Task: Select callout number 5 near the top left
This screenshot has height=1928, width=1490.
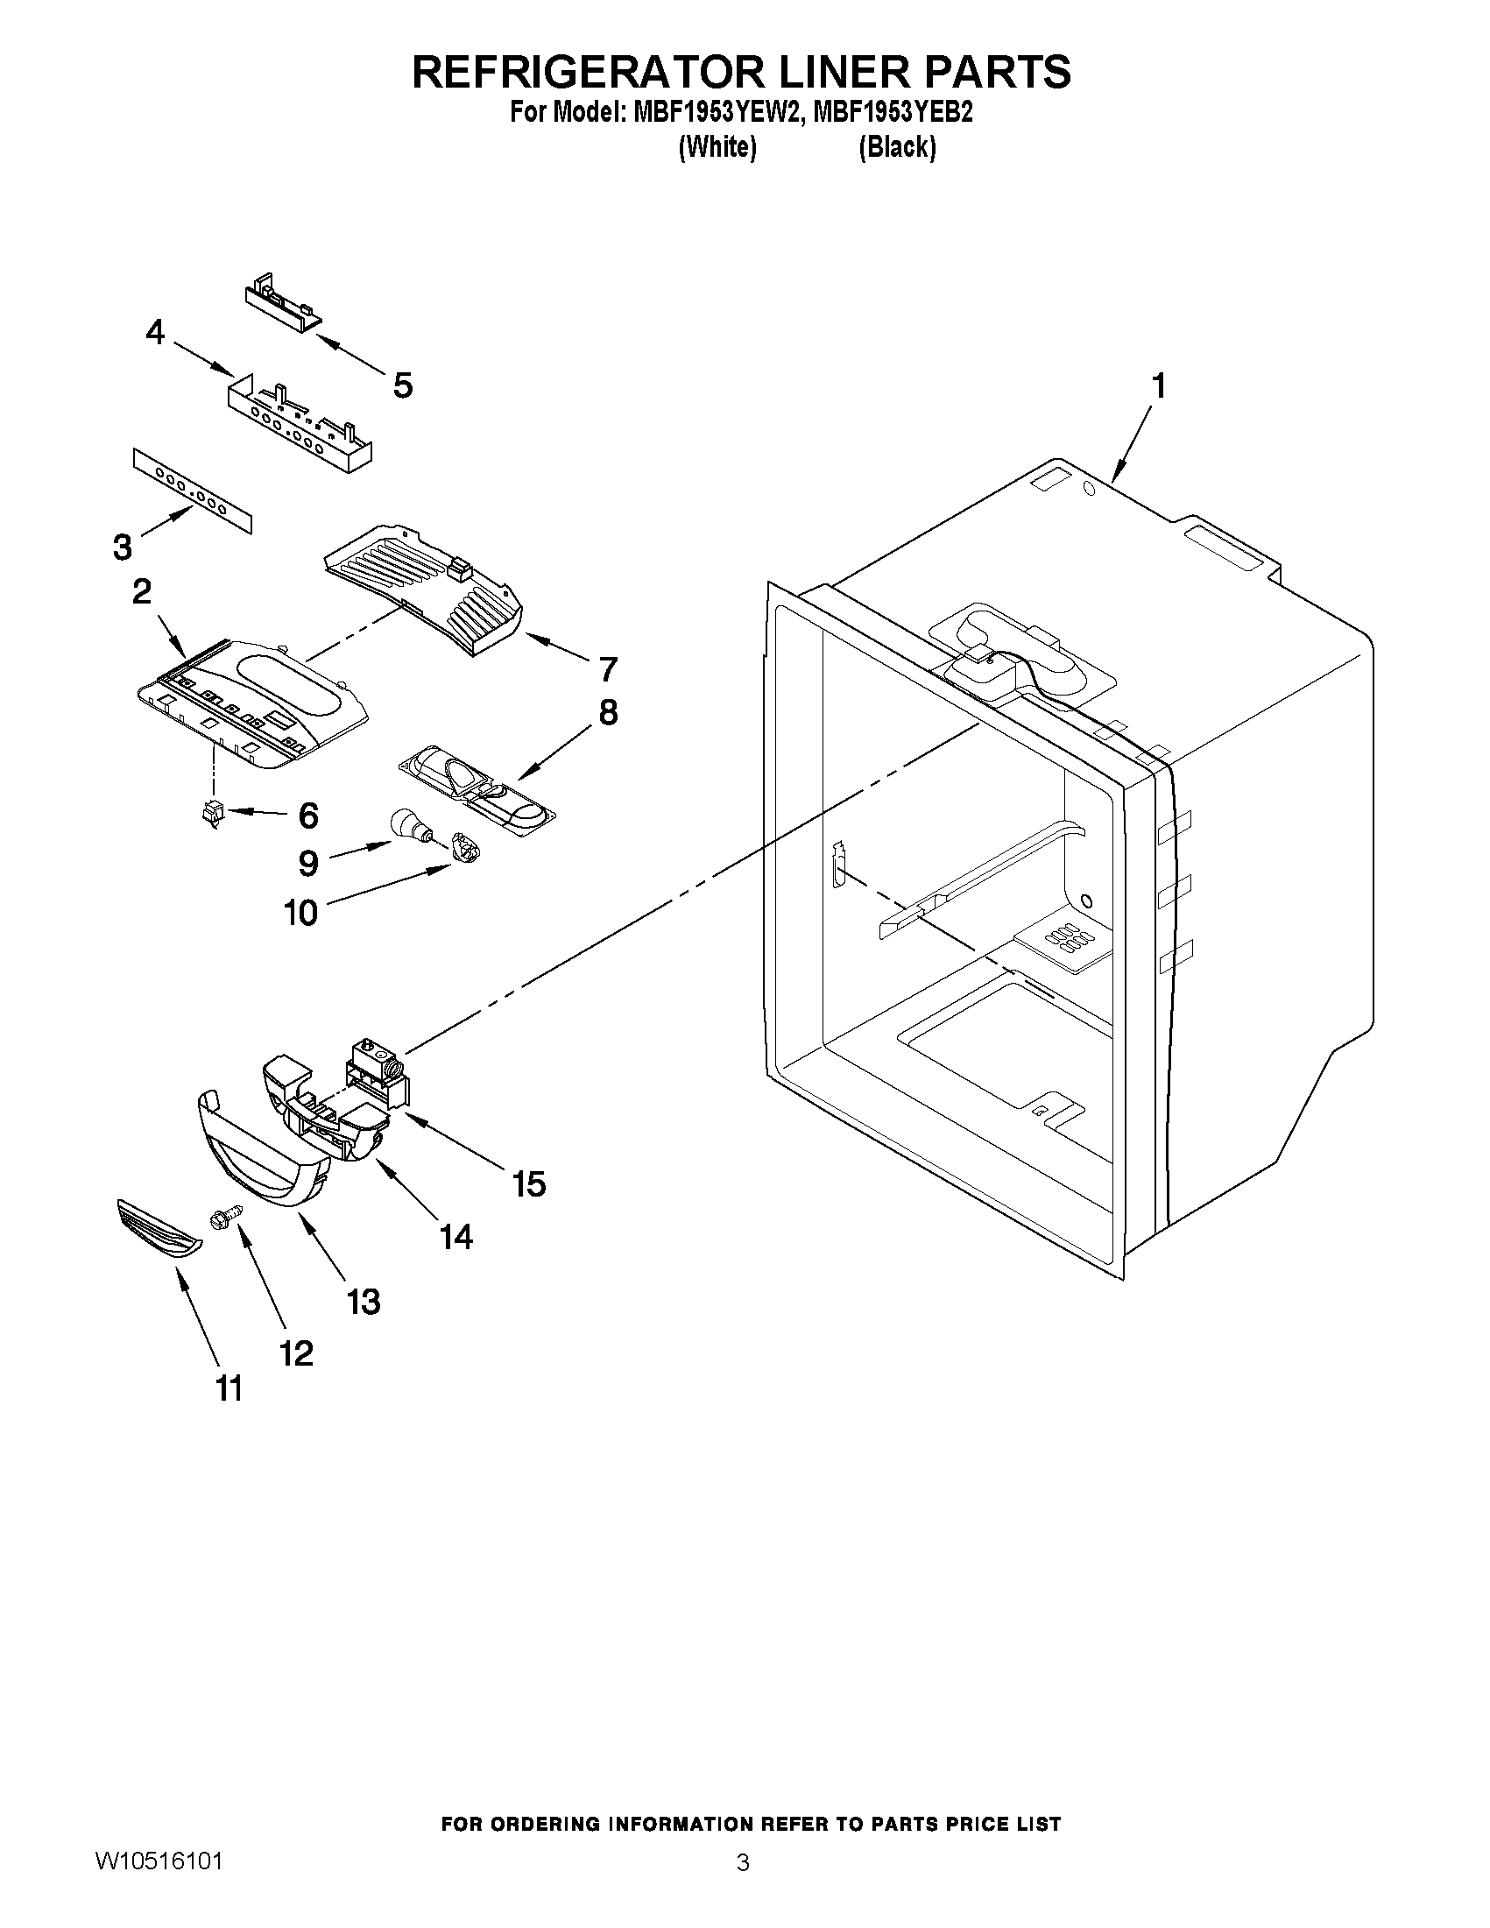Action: pyautogui.click(x=402, y=385)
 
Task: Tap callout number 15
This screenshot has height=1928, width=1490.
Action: pyautogui.click(x=529, y=1183)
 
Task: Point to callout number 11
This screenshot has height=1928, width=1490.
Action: pyautogui.click(x=229, y=1388)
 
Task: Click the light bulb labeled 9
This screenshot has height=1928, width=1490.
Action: pyautogui.click(x=410, y=827)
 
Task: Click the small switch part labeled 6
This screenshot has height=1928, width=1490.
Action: pyautogui.click(x=212, y=811)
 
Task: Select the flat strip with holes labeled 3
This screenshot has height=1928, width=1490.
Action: pyautogui.click(x=193, y=491)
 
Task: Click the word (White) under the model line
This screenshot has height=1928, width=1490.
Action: pyautogui.click(x=717, y=146)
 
